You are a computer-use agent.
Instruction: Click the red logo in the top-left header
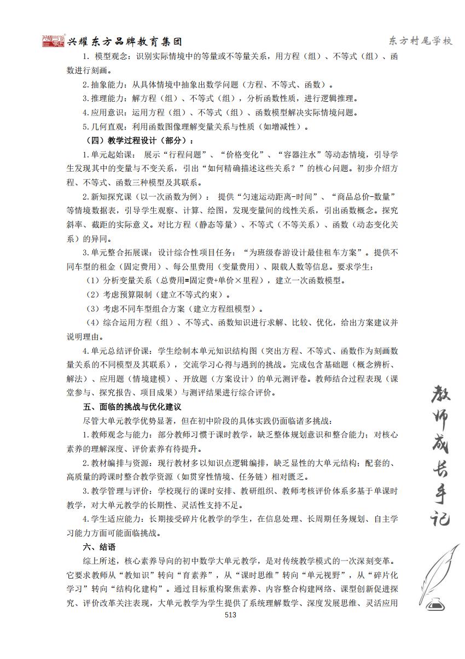(53, 42)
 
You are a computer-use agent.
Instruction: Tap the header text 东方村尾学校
(420, 42)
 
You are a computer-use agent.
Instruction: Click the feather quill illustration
(439, 569)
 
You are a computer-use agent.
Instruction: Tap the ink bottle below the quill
(434, 605)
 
